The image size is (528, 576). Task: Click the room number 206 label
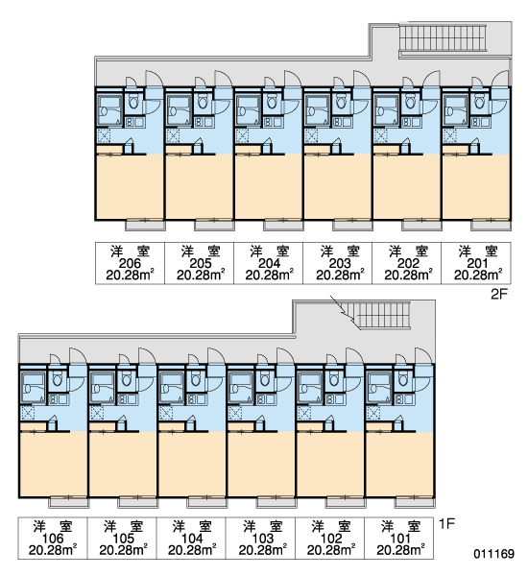tap(130, 263)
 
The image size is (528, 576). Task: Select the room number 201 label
tap(477, 263)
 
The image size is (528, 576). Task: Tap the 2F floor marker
tap(498, 294)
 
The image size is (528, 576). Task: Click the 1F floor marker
tap(446, 523)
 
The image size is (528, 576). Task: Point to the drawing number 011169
tap(493, 553)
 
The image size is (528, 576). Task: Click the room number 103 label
tap(262, 539)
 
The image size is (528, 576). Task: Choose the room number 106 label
tap(53, 539)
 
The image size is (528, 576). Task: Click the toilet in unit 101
tap(403, 379)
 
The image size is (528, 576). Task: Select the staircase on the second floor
tap(443, 37)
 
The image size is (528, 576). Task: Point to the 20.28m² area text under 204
tap(270, 275)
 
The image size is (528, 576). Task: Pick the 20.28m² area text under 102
tap(331, 550)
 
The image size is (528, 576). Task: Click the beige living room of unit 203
tap(337, 187)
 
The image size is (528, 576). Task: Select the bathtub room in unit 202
tap(386, 110)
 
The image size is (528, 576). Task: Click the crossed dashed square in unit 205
tap(173, 136)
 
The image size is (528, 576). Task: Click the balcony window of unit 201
tap(492, 225)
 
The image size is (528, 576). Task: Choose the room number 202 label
tap(408, 263)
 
